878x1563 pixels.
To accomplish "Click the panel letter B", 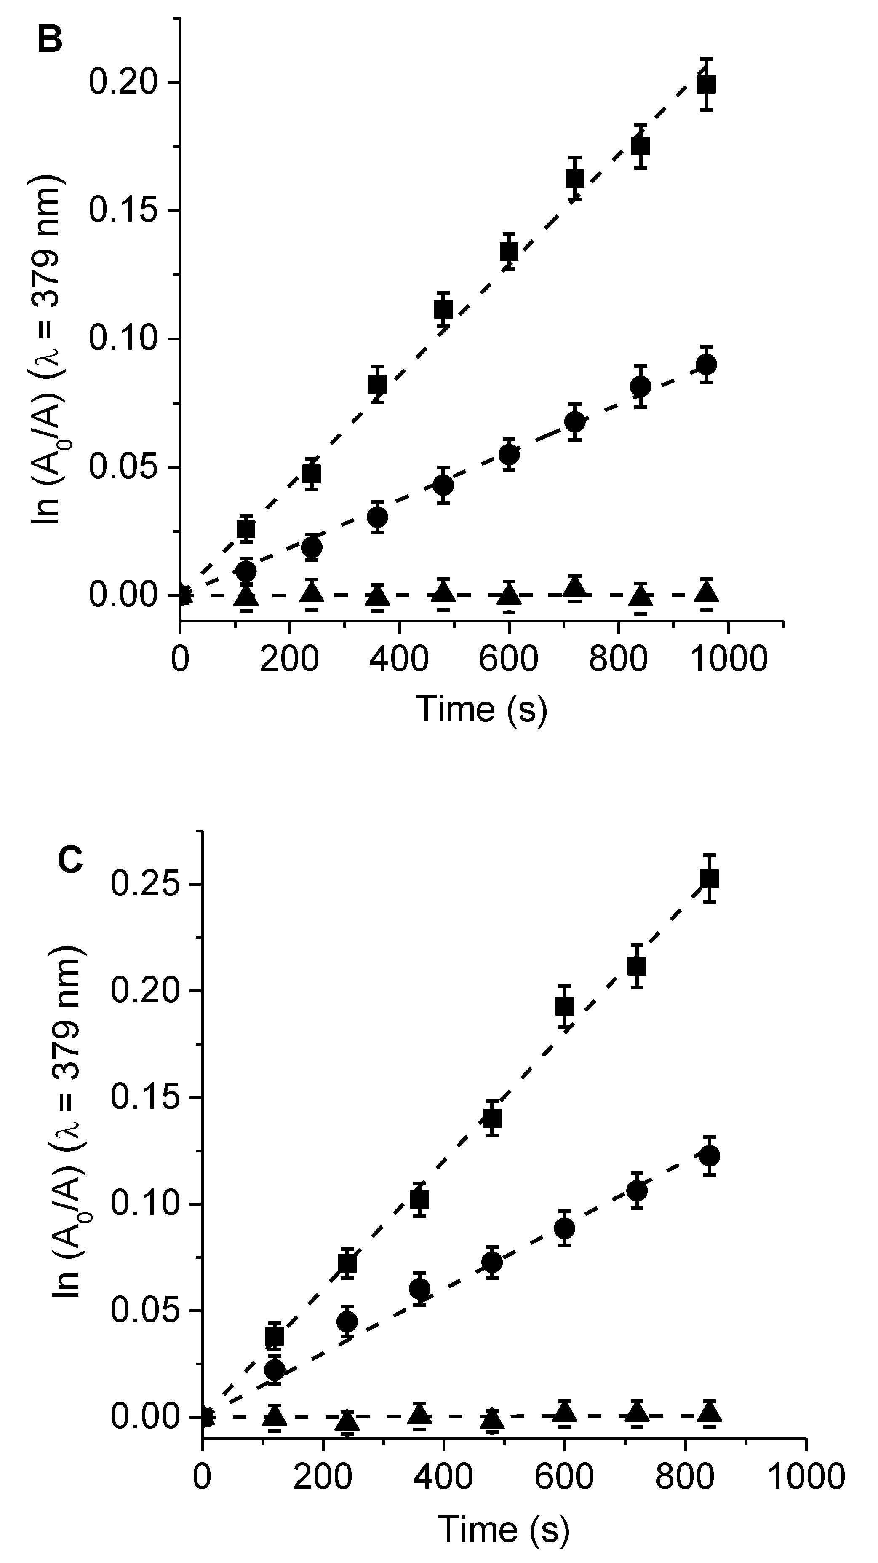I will pos(51,40).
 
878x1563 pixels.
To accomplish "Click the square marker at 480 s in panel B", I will pos(443,309).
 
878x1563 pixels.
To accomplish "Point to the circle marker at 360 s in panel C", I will pos(419,1288).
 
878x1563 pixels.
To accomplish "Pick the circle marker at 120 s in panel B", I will pos(246,571).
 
